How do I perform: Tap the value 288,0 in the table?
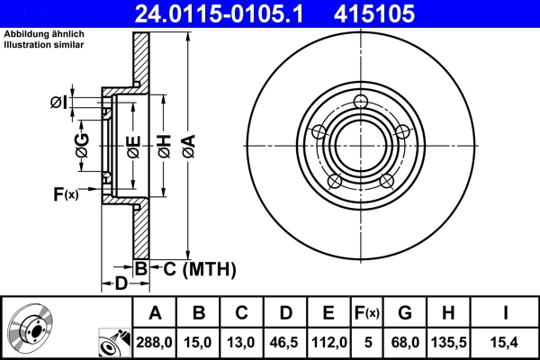point(155,341)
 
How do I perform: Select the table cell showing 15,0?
point(200,341)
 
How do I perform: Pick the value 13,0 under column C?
point(242,341)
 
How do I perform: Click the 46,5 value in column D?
point(285,341)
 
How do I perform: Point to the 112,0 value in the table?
point(328,341)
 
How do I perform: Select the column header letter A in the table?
point(155,313)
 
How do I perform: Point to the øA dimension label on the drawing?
point(187,144)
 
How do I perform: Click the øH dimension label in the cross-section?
point(163,144)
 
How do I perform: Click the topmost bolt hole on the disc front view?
point(361,101)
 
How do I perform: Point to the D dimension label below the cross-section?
point(120,285)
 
